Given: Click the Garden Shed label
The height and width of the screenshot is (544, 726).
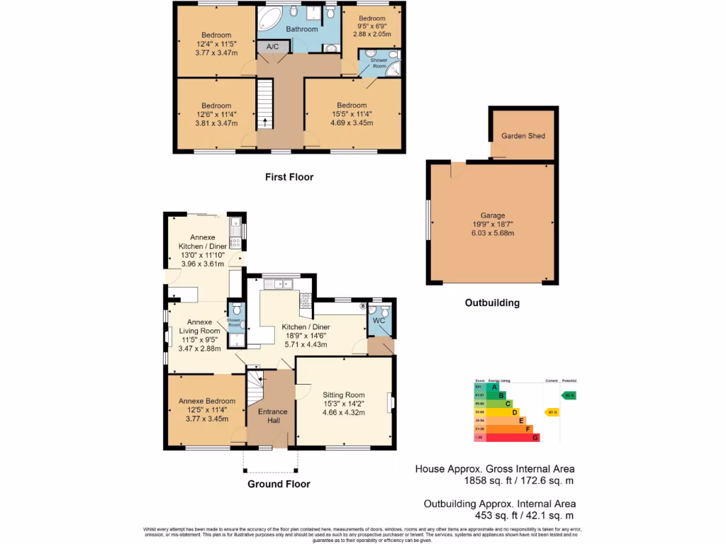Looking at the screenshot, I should [523, 135].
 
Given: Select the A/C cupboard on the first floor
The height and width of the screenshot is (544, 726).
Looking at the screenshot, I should [273, 47].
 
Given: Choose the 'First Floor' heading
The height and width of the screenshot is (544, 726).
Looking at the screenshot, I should [289, 177].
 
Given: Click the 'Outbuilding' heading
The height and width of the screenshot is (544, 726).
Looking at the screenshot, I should [492, 302].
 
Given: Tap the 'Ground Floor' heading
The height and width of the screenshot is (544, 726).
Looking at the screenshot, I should [279, 484].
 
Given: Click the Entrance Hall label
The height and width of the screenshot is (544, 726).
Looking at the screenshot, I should [273, 416].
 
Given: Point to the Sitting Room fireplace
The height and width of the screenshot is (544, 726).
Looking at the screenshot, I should [389, 402].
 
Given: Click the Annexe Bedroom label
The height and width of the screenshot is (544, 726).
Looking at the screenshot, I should [207, 401].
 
